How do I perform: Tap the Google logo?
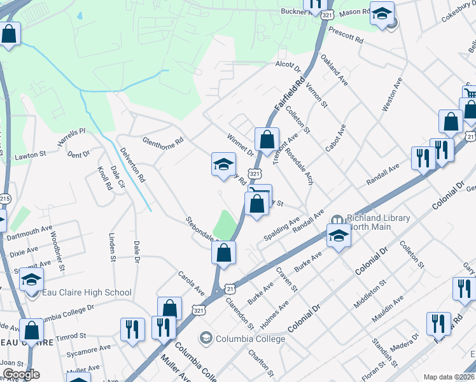click(x=20, y=374)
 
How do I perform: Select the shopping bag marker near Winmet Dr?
click(x=267, y=139)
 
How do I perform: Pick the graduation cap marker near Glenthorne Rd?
click(x=223, y=164)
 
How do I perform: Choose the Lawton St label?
click(x=31, y=154)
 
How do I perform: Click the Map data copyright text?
click(x=448, y=377)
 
